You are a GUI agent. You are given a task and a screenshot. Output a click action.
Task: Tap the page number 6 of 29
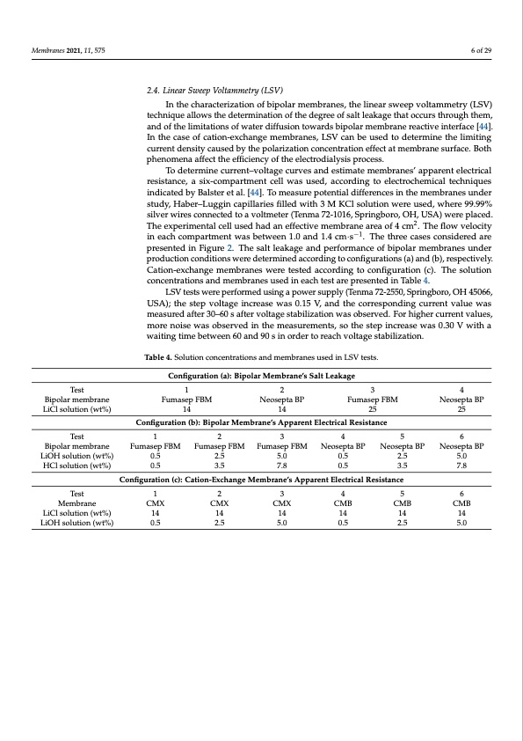(x=481, y=49)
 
